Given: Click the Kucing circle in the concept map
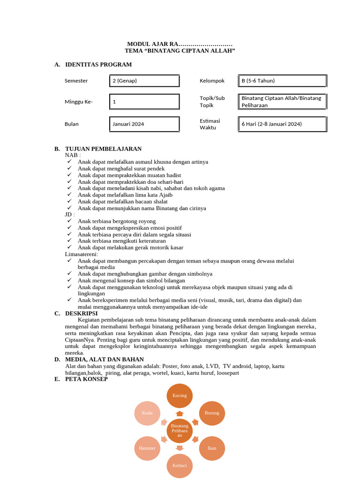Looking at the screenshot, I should point(180,396).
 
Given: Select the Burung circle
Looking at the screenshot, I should point(212,413).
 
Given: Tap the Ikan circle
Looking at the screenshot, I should point(212,448).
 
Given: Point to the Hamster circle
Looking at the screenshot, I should point(147,448).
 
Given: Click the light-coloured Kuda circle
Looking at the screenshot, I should point(147,413).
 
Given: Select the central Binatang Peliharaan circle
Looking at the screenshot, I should point(180,430).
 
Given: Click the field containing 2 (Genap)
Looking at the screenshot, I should point(144,81).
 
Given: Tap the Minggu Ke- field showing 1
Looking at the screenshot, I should point(144,101).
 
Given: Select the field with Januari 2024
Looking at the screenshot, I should point(144,124).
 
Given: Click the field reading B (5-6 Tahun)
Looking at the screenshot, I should point(283,81).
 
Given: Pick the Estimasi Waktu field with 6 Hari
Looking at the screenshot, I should point(283,124).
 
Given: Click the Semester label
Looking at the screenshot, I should point(76,81).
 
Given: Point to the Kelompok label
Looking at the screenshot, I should point(212,81).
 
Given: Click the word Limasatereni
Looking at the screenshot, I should point(81,254).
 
